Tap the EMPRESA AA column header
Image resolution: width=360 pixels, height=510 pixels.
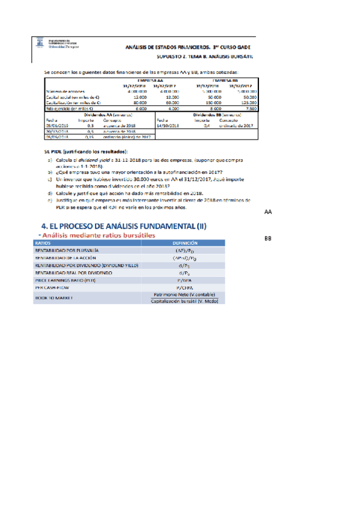point(150,79)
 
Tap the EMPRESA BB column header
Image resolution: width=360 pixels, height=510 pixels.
point(225,79)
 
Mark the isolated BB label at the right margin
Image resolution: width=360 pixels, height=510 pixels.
point(269,239)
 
